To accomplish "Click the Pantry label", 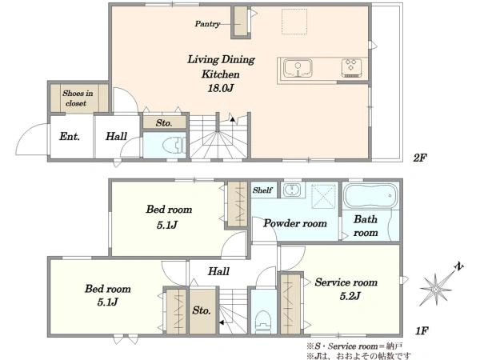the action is click(x=207, y=24).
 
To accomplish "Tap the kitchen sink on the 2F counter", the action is click(x=298, y=68).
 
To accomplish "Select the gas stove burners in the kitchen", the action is click(x=351, y=68).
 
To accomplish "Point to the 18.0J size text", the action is click(x=221, y=89).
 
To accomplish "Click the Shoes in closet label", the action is click(x=78, y=98).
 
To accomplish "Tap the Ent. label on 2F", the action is click(x=70, y=137).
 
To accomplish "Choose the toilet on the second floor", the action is click(x=174, y=145).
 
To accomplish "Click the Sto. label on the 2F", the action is click(x=164, y=123).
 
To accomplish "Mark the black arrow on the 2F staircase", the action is click(x=233, y=119).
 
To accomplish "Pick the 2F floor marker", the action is click(x=420, y=158).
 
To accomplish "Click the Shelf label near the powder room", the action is click(x=262, y=190).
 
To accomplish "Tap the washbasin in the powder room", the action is click(x=293, y=190).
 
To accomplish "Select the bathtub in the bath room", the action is click(x=370, y=196).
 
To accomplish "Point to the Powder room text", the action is click(x=295, y=223).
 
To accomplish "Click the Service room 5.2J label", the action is click(x=346, y=289).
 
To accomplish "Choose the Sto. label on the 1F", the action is click(x=202, y=310).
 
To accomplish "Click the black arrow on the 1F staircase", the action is click(x=222, y=322).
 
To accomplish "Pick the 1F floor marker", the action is click(x=422, y=330).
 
